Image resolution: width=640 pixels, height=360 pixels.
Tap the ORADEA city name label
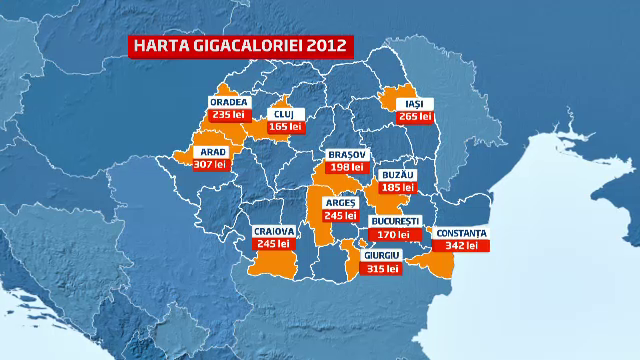229,102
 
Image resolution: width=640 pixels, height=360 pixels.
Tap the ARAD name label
216,152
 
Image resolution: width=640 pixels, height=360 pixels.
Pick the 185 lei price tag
396,187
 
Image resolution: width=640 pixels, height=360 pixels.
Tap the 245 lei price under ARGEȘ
340,215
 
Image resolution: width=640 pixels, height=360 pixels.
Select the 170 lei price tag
390,234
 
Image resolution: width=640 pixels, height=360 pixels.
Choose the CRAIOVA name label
274,231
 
